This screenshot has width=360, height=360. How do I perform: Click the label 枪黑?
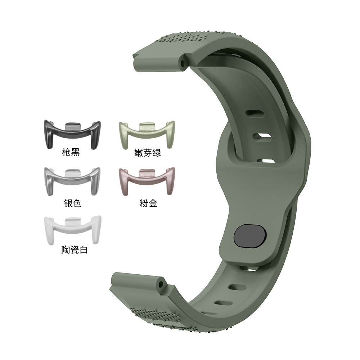tap(71, 152)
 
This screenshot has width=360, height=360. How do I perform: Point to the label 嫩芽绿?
tap(147, 153)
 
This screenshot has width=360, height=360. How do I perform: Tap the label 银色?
tap(73, 203)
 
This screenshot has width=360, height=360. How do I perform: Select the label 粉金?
tap(149, 203)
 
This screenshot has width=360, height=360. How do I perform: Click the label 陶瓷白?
tap(75, 249)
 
